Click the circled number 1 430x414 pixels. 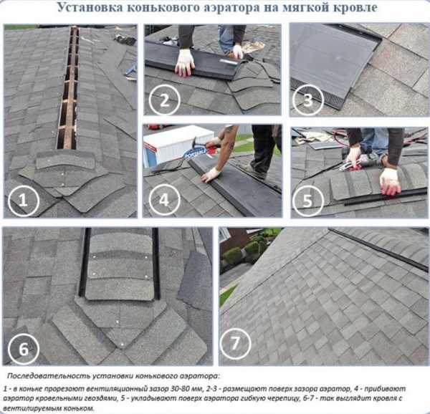pyautogui.click(x=24, y=201)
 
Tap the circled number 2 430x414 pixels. pyautogui.click(x=164, y=100)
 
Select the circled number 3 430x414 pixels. pyautogui.click(x=307, y=100)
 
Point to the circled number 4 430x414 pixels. pyautogui.click(x=164, y=200)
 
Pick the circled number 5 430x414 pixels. pyautogui.click(x=307, y=201)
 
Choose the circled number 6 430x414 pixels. pyautogui.click(x=24, y=349)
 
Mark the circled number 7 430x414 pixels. pyautogui.click(x=235, y=343)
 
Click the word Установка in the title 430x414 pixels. pyautogui.click(x=90, y=7)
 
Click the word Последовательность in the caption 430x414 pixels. pyautogui.click(x=49, y=376)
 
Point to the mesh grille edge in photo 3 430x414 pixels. pyautogui.click(x=318, y=95)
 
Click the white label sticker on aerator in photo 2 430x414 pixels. pyautogui.click(x=229, y=62)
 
